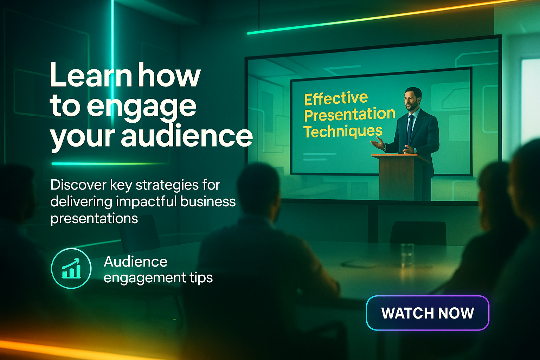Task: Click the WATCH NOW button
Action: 427,313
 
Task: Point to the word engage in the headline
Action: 142,108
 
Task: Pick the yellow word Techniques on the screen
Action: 343,131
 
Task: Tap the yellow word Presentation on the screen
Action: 349,114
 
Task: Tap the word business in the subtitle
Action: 207,201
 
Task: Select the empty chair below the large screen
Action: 418,233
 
